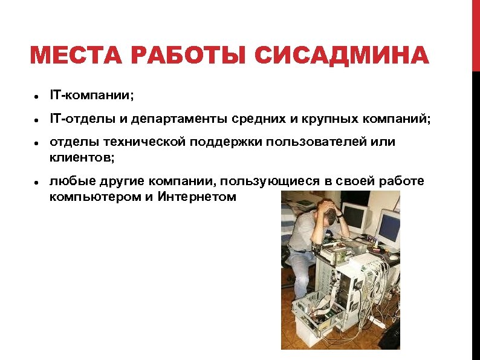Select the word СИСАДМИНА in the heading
(342, 57)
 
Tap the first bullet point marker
(37, 96)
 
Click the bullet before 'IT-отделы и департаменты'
(37, 120)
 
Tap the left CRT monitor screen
(355, 218)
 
